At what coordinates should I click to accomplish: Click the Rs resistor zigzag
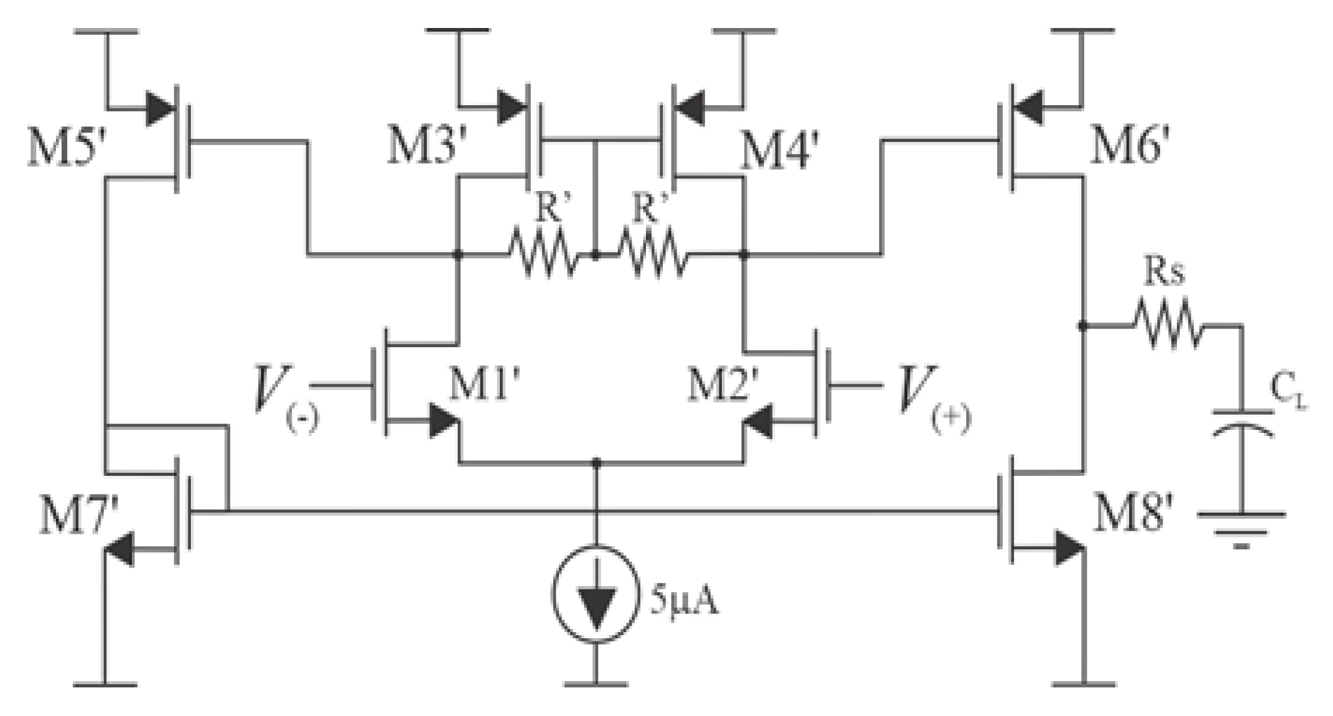pos(1166,325)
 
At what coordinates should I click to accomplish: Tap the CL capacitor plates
pos(1242,420)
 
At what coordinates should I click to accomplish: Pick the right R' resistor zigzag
pos(652,254)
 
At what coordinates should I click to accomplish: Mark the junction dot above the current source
pos(596,463)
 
